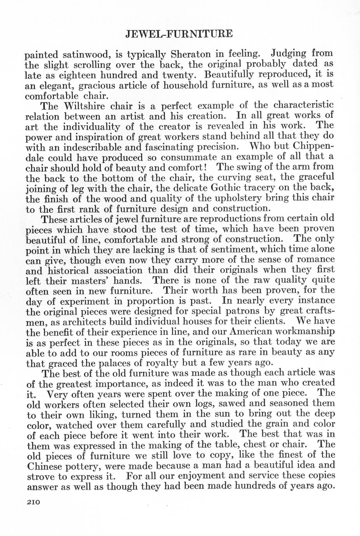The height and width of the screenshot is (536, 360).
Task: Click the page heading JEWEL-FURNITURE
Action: click(179, 34)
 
